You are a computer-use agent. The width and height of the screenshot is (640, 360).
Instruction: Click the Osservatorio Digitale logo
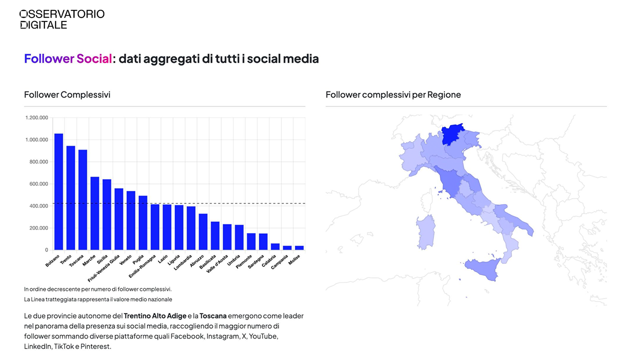(61, 19)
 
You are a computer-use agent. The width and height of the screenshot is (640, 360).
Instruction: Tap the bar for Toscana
(82, 200)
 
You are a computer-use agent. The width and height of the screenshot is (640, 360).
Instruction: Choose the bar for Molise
(299, 247)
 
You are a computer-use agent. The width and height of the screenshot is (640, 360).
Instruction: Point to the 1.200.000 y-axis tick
(36, 118)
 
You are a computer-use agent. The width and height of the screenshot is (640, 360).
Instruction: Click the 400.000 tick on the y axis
(37, 206)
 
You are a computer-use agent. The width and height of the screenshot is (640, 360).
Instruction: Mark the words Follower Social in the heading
(68, 59)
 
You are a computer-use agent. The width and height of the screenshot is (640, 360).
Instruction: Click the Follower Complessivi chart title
(67, 94)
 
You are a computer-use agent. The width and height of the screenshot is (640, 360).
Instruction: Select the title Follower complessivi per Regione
(393, 94)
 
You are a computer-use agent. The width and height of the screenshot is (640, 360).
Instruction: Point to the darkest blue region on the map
(452, 134)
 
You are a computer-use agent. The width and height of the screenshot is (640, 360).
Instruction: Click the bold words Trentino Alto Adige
(154, 316)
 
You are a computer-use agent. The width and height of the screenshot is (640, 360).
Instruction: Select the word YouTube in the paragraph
(263, 336)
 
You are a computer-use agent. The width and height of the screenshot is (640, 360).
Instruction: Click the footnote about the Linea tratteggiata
(98, 299)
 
